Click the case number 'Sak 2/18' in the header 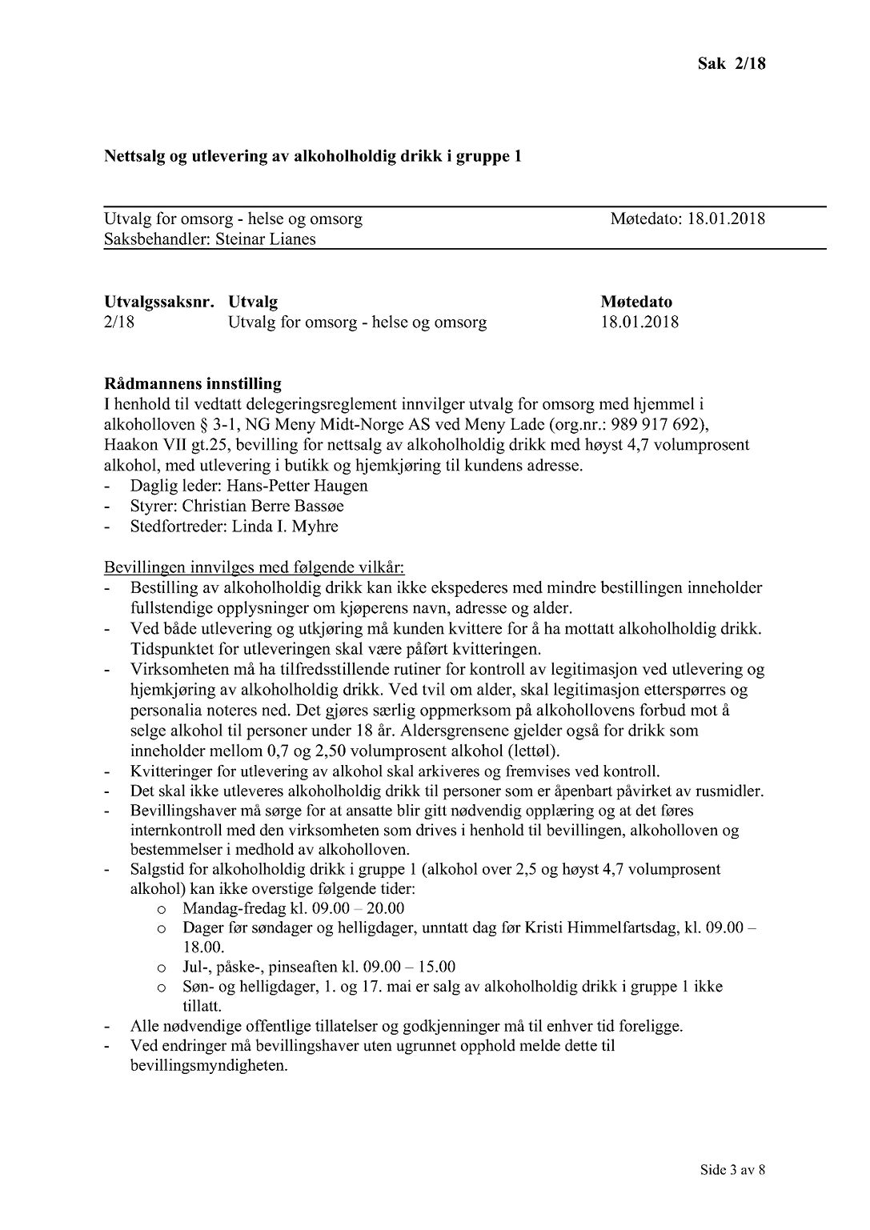(731, 64)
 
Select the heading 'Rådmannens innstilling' (192, 383)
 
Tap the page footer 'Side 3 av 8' (732, 1170)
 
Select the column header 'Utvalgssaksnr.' (159, 302)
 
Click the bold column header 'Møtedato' (636, 302)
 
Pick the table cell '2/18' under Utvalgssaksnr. (119, 323)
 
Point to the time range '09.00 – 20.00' (363, 908)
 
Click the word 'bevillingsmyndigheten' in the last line (207, 1066)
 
